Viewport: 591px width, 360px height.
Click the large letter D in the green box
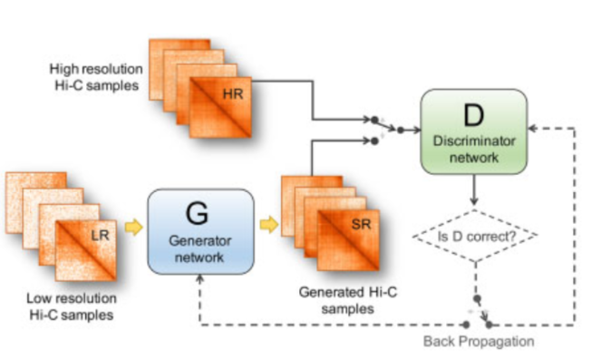[472, 117]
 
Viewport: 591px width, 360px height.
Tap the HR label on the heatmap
[233, 94]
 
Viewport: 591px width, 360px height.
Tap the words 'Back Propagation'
[478, 341]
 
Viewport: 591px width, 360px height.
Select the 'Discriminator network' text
[472, 149]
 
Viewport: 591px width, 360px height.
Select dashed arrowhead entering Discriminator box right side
[535, 128]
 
